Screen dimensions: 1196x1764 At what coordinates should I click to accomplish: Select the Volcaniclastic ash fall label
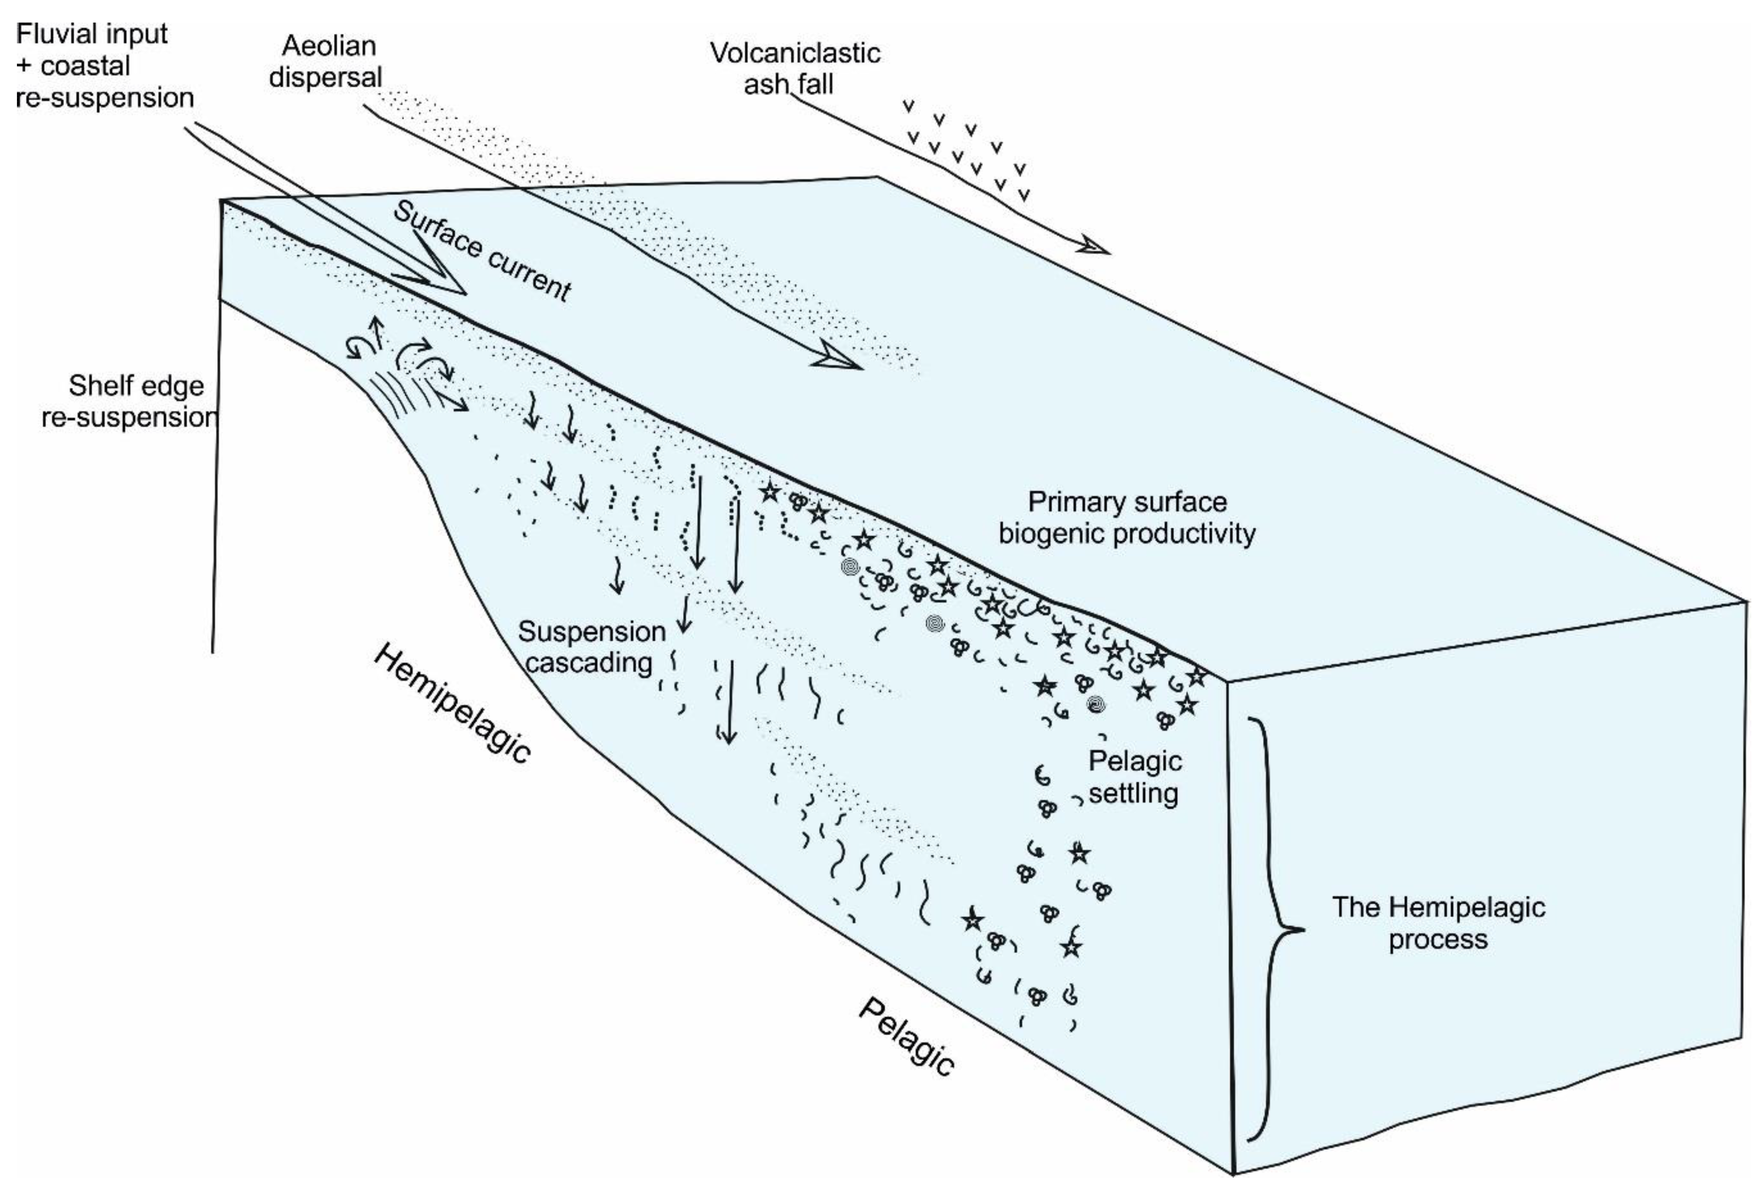794,68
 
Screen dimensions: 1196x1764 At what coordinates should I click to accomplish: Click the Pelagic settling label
1134,777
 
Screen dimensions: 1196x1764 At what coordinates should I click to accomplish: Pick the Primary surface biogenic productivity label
1127,517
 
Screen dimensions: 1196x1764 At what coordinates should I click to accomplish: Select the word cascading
589,663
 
